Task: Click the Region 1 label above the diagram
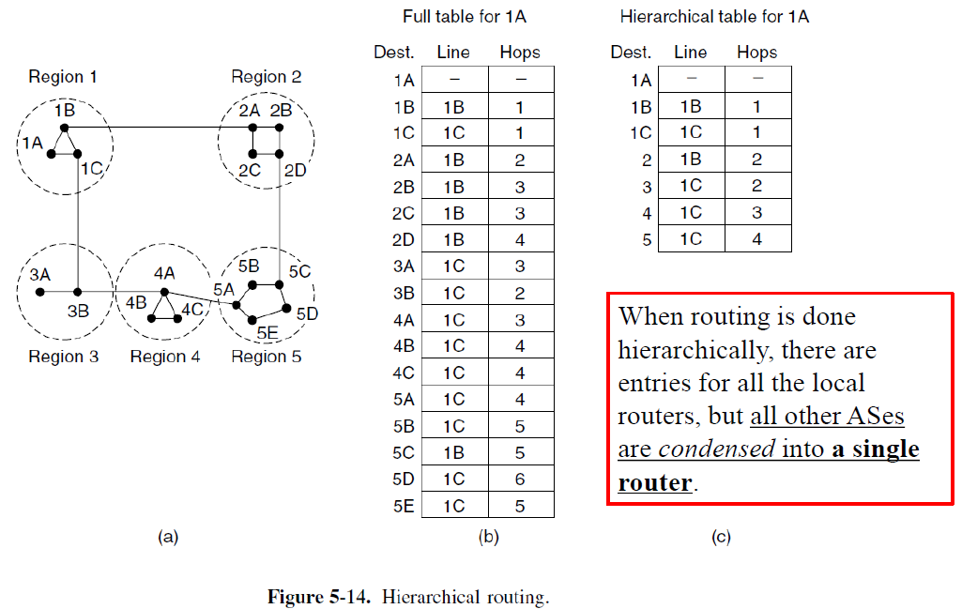pyautogui.click(x=62, y=77)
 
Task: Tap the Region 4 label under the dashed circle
pyautogui.click(x=165, y=357)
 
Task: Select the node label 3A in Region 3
pyautogui.click(x=39, y=275)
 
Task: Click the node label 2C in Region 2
pyautogui.click(x=249, y=170)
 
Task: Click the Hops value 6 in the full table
pyautogui.click(x=519, y=480)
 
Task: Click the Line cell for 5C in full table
pyautogui.click(x=453, y=452)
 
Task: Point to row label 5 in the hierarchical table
pyautogui.click(x=646, y=240)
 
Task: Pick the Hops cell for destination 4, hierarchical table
pyautogui.click(x=756, y=213)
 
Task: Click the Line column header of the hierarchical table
pyautogui.click(x=690, y=53)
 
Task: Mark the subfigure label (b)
pyautogui.click(x=487, y=538)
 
